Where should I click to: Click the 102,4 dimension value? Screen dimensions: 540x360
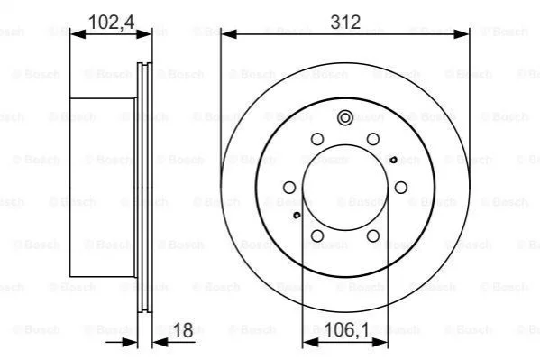pyautogui.click(x=111, y=22)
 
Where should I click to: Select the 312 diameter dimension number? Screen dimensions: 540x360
pyautogui.click(x=345, y=22)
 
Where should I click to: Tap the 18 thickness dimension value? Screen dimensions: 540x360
pyautogui.click(x=184, y=330)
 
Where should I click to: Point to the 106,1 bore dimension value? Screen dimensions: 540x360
pyautogui.click(x=347, y=330)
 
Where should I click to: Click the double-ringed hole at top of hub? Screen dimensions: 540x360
pyautogui.click(x=345, y=118)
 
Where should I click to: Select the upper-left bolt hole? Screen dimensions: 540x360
pyautogui.click(x=317, y=139)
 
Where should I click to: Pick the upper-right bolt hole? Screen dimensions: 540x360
pyautogui.click(x=373, y=139)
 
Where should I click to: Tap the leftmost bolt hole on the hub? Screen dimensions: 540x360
pyautogui.click(x=289, y=188)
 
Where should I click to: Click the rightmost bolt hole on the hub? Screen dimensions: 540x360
pyautogui.click(x=401, y=188)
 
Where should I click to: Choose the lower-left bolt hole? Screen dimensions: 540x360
pyautogui.click(x=317, y=236)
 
